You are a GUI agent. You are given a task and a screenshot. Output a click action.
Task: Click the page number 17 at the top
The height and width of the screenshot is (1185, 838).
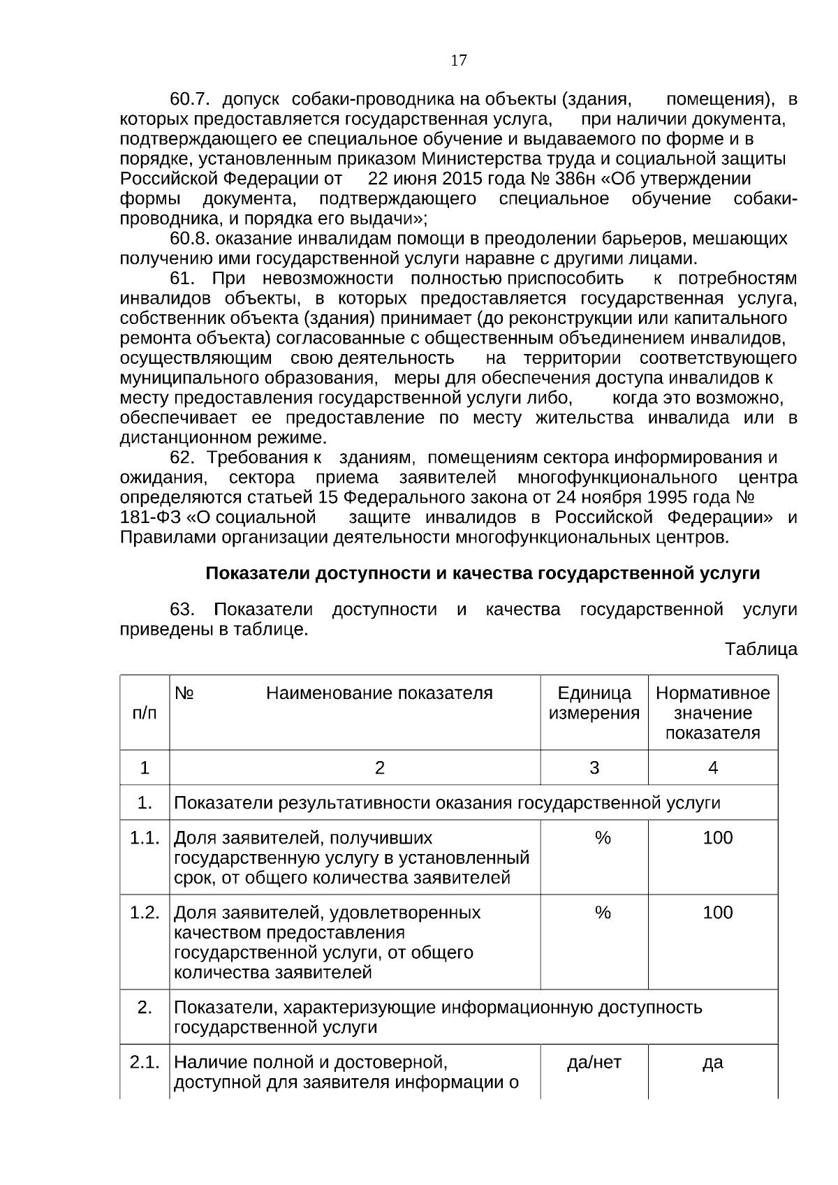click(x=459, y=61)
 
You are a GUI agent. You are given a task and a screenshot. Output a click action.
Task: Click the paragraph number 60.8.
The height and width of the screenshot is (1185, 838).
click(x=190, y=240)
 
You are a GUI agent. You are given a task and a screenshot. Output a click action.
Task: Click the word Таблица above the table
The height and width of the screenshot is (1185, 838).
click(x=760, y=649)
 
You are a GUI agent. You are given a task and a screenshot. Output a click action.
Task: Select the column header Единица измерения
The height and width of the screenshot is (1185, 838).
click(x=594, y=703)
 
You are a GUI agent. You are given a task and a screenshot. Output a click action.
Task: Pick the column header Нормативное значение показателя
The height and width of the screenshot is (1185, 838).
click(x=712, y=713)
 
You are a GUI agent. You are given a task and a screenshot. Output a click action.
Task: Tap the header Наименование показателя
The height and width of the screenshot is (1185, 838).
click(x=379, y=693)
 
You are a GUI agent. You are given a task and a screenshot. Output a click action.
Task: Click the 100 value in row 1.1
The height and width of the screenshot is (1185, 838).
click(x=717, y=838)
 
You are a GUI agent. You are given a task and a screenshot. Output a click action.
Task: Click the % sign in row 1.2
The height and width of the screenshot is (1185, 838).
click(x=603, y=913)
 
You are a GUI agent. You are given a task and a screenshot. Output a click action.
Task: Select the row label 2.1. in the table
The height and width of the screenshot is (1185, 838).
click(x=145, y=1063)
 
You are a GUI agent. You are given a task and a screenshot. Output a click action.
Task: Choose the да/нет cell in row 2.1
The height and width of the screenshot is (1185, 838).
click(x=594, y=1063)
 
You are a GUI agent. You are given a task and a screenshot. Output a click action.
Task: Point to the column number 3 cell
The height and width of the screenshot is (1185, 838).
click(x=594, y=768)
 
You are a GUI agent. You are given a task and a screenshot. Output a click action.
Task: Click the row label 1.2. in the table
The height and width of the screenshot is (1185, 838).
click(x=145, y=913)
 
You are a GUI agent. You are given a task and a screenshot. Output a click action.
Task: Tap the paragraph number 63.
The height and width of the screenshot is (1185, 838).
click(x=182, y=610)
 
